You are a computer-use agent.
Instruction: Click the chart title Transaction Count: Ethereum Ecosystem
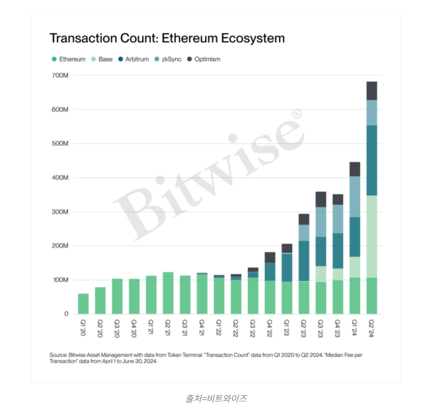[167, 38]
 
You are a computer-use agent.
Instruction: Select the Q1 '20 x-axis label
[83, 327]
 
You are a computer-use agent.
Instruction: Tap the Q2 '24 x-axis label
[371, 327]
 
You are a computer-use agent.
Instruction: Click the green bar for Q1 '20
[83, 304]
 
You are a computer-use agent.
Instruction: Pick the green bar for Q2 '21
[168, 293]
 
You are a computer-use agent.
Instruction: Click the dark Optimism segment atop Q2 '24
[371, 90]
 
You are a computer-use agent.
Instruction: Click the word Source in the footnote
[59, 355]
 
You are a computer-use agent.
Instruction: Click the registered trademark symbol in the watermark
[296, 114]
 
